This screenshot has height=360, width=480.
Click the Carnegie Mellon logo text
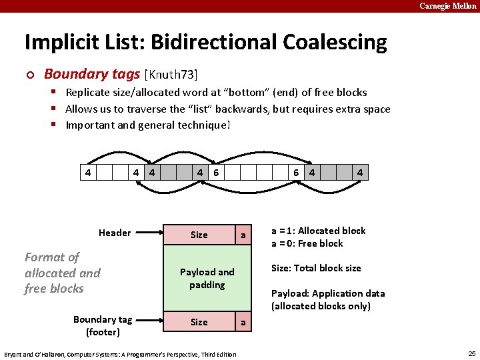click(447, 6)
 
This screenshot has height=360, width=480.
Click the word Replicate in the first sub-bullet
click(89, 92)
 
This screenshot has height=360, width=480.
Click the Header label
click(115, 233)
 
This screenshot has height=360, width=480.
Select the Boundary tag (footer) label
click(103, 325)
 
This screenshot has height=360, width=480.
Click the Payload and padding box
click(207, 279)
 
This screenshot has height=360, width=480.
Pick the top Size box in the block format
click(199, 235)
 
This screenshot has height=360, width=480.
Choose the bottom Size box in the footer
click(199, 322)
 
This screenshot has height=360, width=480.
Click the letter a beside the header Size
click(243, 235)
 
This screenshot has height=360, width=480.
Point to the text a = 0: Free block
click(307, 243)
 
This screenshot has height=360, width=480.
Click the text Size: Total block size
click(316, 268)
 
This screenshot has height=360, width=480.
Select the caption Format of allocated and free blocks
click(62, 273)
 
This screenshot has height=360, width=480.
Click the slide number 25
click(472, 353)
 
